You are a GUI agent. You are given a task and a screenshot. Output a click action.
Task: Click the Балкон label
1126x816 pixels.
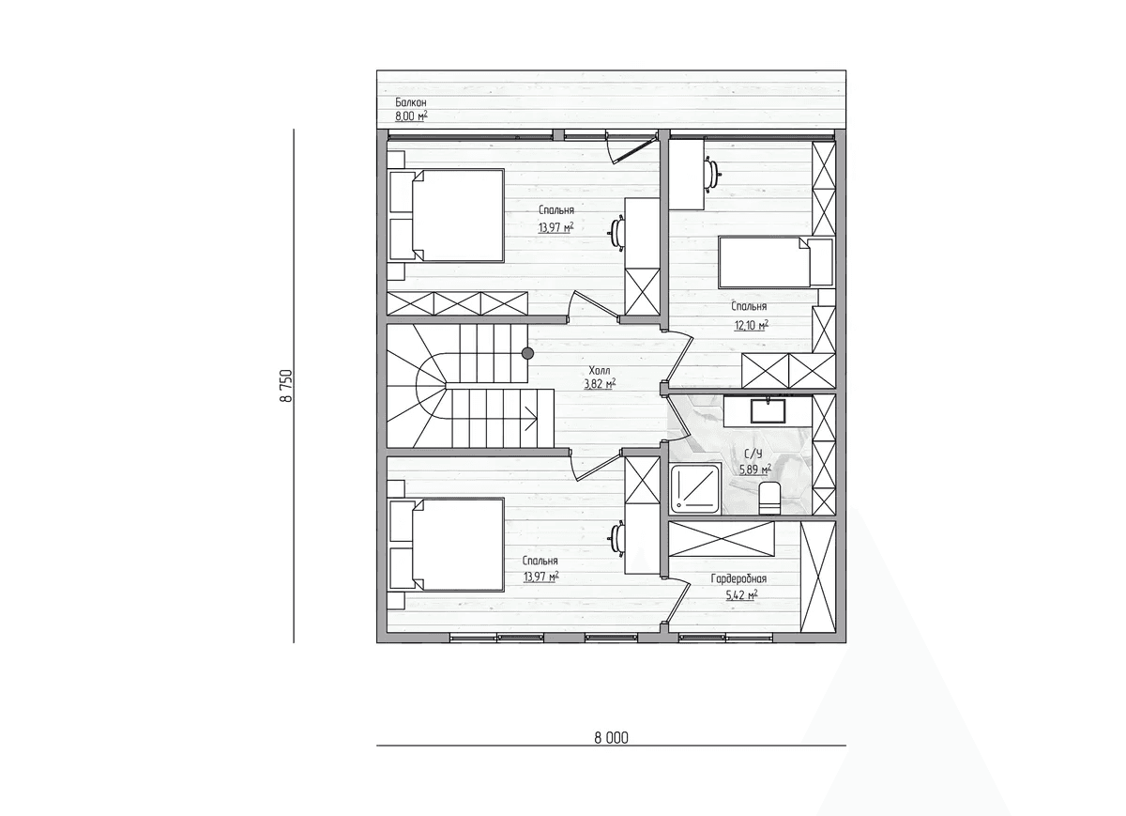[411, 102]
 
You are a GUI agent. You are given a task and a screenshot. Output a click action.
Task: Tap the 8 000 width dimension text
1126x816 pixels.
[611, 738]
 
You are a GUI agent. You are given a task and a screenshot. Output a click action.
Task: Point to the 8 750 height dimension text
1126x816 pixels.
[285, 386]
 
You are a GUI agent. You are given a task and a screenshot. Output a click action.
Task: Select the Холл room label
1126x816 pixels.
[600, 371]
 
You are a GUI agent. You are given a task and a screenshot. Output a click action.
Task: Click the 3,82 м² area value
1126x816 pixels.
[600, 384]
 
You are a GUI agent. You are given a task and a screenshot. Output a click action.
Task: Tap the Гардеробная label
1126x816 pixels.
[738, 579]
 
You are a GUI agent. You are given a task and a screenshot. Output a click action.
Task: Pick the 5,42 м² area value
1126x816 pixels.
[741, 595]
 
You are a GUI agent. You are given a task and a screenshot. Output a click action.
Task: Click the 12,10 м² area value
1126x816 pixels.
[752, 325]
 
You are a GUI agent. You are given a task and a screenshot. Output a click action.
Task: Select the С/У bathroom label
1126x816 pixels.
[753, 454]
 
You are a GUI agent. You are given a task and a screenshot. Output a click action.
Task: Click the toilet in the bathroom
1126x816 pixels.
[769, 498]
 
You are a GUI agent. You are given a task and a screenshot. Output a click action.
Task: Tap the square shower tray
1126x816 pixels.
[694, 488]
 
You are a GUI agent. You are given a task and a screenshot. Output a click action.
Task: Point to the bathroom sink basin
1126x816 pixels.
[768, 410]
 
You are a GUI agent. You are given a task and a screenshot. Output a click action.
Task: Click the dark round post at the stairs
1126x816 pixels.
[527, 353]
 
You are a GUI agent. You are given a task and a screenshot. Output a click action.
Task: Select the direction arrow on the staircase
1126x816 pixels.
[531, 419]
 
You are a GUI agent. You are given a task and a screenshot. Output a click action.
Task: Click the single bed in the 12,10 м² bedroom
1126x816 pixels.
[776, 262]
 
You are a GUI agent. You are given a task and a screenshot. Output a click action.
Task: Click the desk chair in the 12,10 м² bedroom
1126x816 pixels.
[713, 174]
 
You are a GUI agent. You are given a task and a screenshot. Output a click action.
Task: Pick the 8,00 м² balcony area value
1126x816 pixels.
[411, 115]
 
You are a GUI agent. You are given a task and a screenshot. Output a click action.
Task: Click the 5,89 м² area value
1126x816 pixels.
[755, 470]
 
